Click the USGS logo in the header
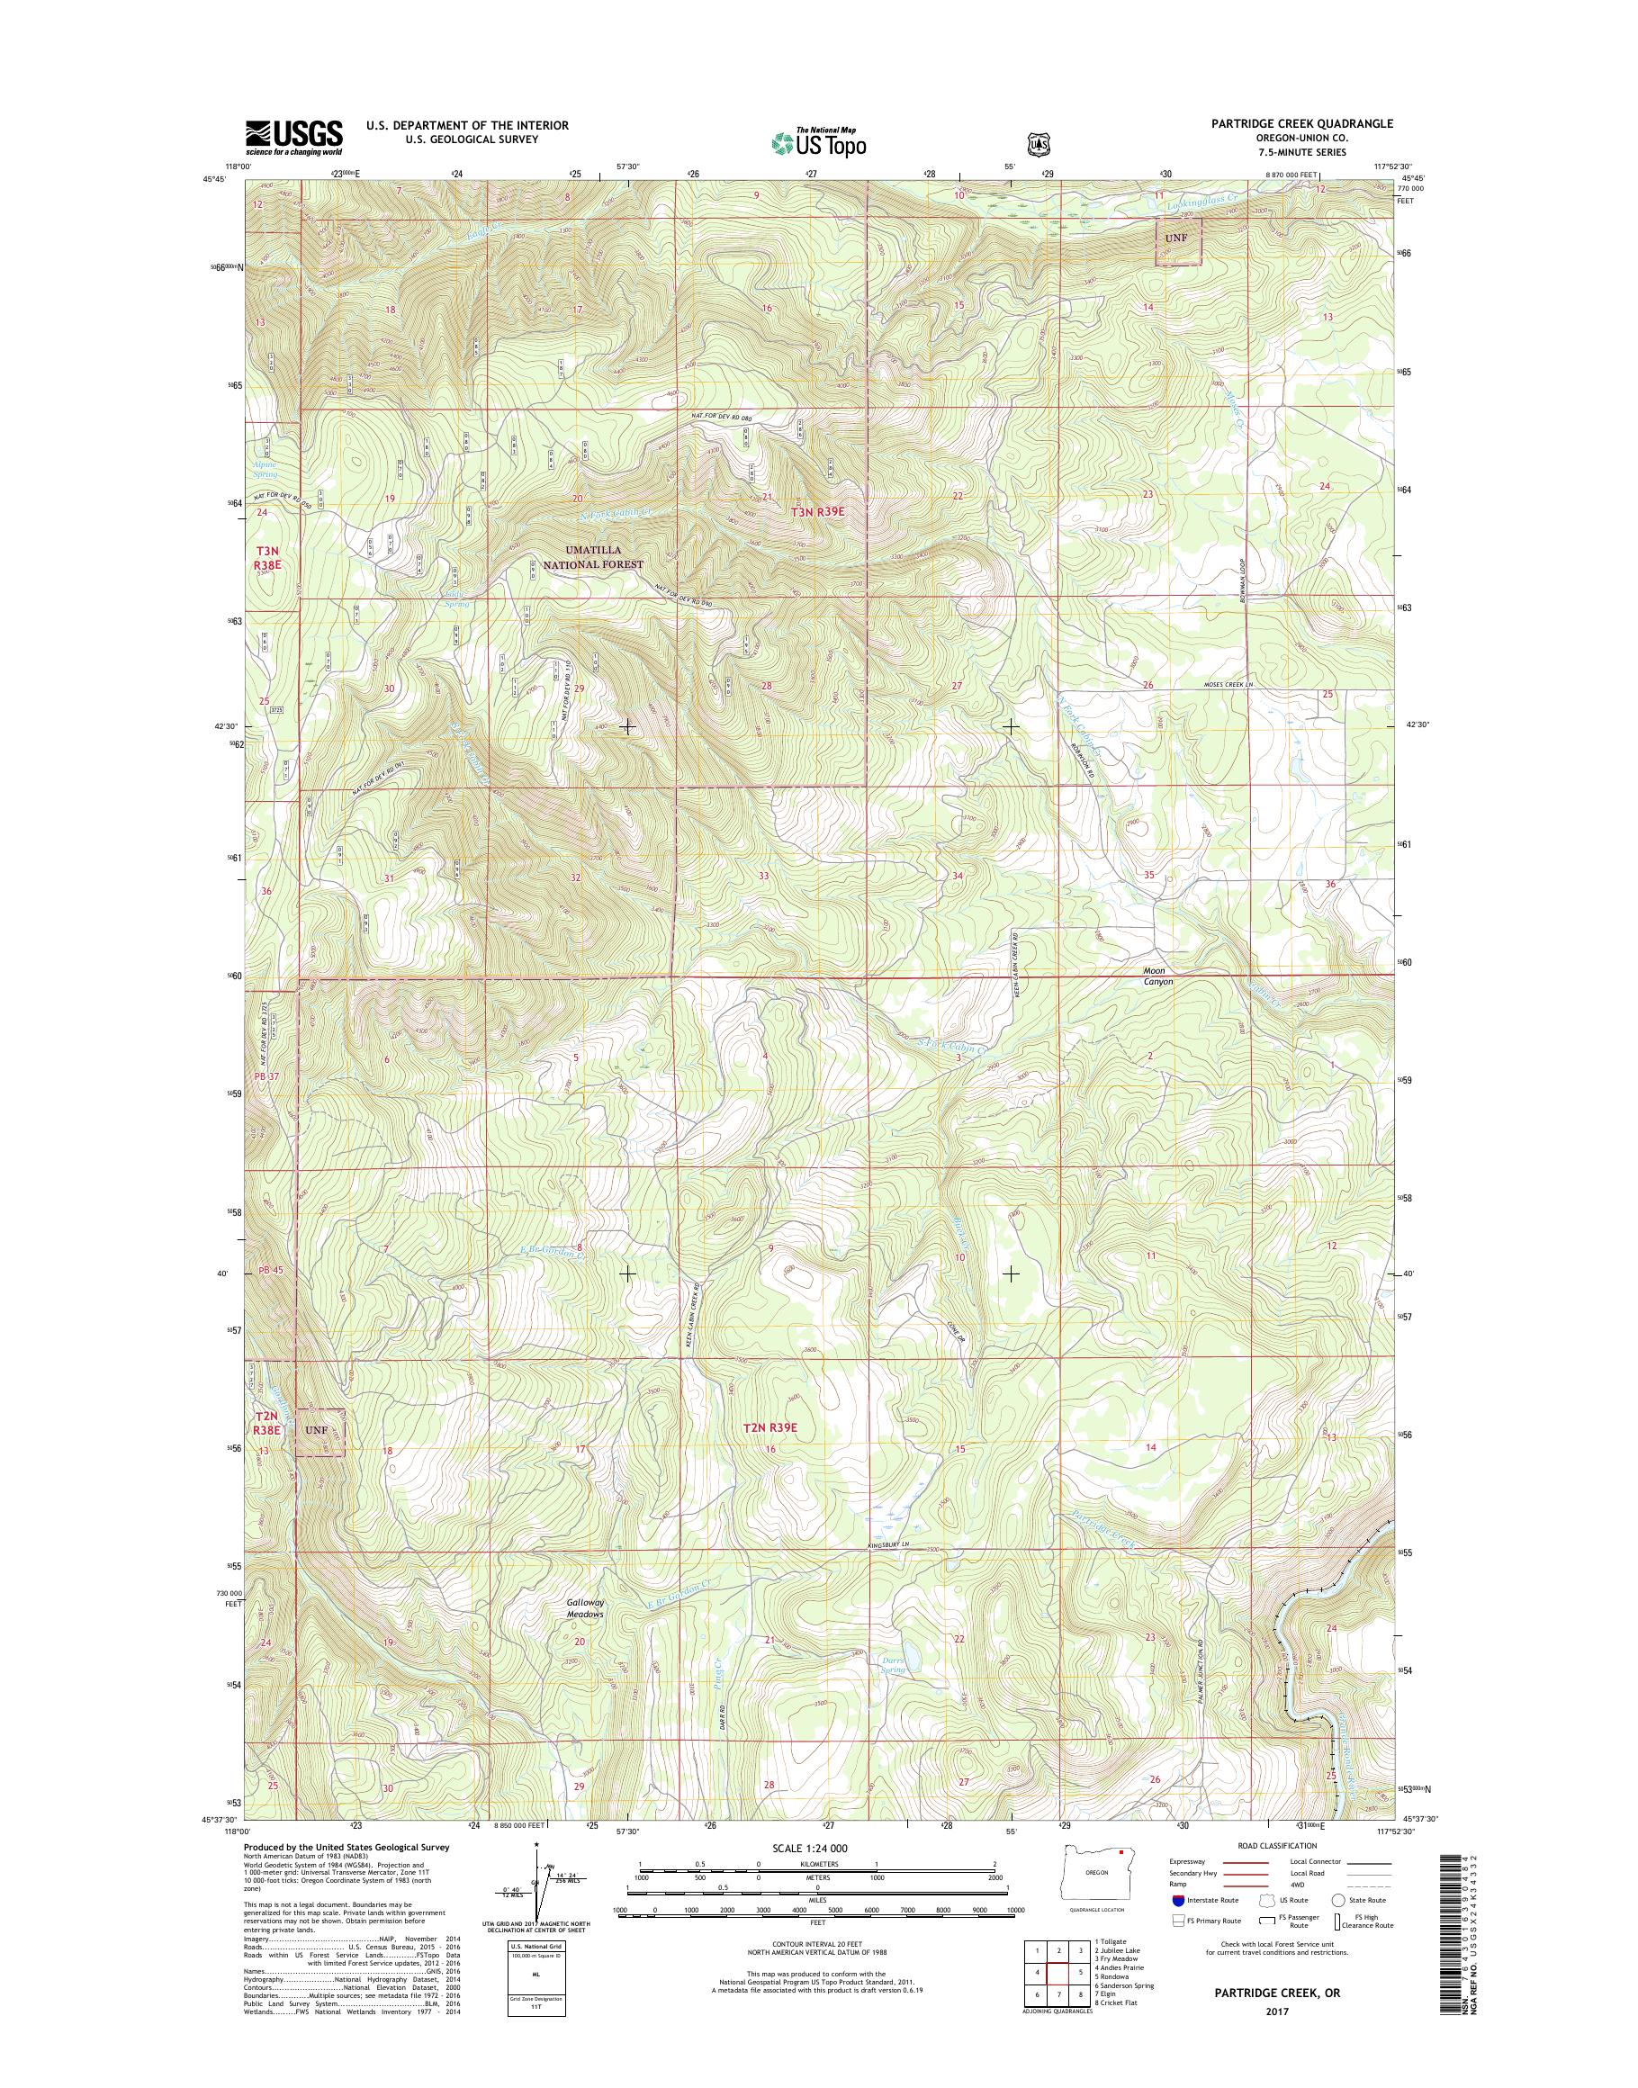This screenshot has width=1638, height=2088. [x=293, y=137]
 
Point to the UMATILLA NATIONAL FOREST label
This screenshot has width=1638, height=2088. [x=595, y=557]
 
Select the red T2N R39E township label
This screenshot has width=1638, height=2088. [x=770, y=1454]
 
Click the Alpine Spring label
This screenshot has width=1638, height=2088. [x=265, y=469]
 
